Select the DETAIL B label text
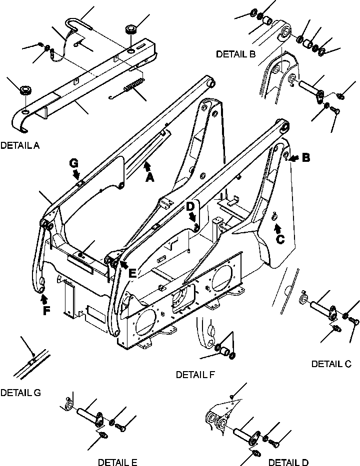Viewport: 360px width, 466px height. pyautogui.click(x=236, y=54)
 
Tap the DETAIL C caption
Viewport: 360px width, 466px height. pyautogui.click(x=331, y=364)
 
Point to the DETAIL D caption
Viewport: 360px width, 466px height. pyautogui.click(x=288, y=462)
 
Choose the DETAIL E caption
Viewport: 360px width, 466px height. pyautogui.click(x=117, y=462)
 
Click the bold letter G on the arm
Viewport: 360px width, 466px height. pyautogui.click(x=74, y=163)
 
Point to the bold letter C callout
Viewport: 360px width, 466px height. pyautogui.click(x=280, y=239)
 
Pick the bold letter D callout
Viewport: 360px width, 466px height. pyautogui.click(x=190, y=206)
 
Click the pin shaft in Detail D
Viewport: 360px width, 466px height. pyautogui.click(x=243, y=428)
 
